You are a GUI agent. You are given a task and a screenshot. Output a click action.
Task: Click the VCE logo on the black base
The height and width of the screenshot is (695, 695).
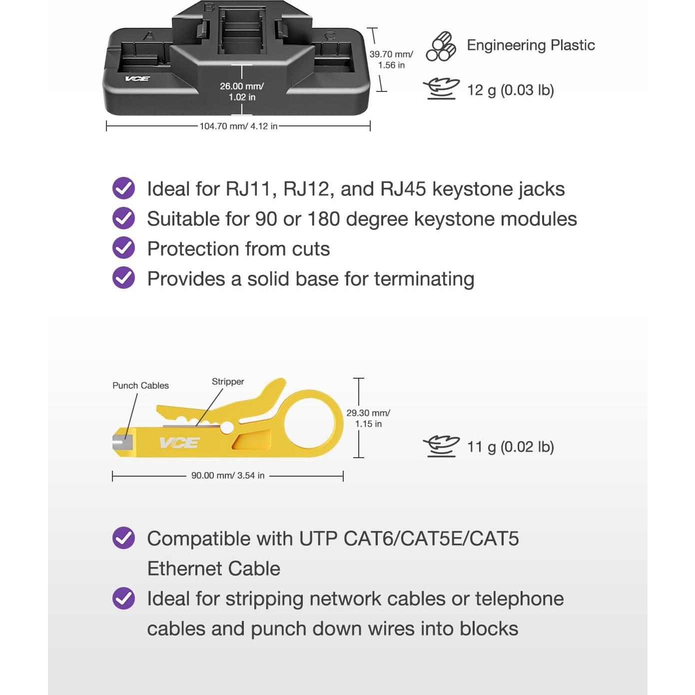[x=137, y=78]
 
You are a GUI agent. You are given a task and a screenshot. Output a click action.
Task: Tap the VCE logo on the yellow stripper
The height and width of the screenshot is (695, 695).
[x=179, y=443]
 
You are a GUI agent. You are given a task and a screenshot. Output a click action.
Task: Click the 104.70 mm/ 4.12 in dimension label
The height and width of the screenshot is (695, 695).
[x=238, y=126]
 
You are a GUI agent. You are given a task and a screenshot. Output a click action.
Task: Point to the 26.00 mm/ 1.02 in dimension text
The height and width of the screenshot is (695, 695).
[x=242, y=91]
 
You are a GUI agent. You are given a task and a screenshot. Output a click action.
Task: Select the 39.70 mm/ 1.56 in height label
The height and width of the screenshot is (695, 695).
[x=391, y=59]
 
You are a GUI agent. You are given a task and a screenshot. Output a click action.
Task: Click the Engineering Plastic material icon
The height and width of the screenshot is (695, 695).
[x=441, y=46]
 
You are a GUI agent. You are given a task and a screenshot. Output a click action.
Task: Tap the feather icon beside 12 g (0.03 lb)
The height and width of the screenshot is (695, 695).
[x=441, y=89]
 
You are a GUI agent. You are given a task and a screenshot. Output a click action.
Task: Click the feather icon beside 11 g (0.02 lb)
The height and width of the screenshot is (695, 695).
[x=441, y=447]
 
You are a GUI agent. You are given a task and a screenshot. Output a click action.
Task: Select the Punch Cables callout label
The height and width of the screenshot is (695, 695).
[x=141, y=386]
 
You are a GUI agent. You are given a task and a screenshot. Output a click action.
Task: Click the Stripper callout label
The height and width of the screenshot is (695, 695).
[x=228, y=382]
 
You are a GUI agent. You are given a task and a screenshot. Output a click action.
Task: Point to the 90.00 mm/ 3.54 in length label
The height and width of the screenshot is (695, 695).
[x=228, y=475]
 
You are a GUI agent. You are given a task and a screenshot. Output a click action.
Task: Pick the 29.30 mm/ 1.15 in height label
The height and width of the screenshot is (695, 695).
[x=368, y=418]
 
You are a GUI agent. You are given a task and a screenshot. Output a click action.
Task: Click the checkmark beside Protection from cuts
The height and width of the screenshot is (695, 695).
[x=123, y=248]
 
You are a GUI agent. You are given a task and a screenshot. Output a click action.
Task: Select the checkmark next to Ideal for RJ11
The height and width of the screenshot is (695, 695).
[x=123, y=188]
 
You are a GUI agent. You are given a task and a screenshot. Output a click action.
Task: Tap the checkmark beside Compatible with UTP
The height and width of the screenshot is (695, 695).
[x=123, y=538]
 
